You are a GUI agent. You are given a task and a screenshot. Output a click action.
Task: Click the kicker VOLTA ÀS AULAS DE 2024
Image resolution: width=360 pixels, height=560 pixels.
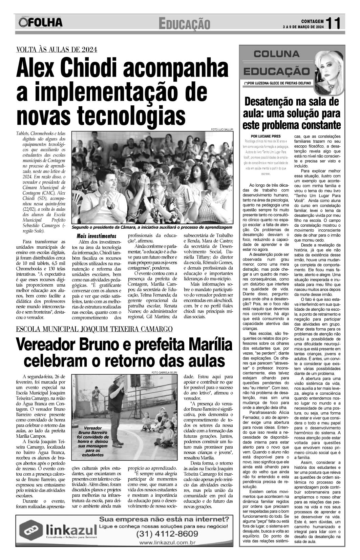(x=57, y=50)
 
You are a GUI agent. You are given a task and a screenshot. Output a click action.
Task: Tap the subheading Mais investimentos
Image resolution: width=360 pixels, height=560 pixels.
(x=97, y=236)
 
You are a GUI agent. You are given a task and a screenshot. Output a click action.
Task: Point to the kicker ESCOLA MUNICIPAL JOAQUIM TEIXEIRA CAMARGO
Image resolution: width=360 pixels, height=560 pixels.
(x=94, y=329)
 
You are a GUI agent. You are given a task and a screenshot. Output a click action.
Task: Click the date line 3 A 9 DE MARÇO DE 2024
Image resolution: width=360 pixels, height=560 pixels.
(x=303, y=27)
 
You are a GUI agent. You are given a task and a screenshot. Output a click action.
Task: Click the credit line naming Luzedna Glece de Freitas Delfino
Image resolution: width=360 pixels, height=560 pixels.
(x=277, y=83)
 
